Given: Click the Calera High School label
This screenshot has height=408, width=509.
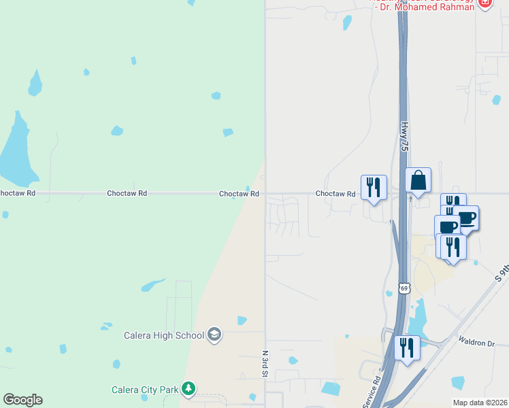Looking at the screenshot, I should pos(163,335).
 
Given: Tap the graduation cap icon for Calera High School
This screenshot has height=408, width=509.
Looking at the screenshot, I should pos(214,334).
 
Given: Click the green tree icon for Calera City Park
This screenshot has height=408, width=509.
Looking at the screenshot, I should pos(188,390).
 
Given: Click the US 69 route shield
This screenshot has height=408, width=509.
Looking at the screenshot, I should pos(404,288).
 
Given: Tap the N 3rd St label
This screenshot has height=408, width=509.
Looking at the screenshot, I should pos(264,364).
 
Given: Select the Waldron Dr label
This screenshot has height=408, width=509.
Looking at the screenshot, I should pos(476,342).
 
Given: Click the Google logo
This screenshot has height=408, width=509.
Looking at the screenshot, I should pos(22,400).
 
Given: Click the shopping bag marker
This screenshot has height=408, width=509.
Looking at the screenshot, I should pos(418,180).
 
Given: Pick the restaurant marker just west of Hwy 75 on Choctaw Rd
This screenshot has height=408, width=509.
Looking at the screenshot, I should pos(374,186).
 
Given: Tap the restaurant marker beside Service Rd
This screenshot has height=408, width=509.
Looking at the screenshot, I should pos(407,348).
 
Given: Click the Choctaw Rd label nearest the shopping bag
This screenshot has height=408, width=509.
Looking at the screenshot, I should pos(335,194).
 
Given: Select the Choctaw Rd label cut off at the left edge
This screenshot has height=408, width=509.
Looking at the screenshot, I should pos(17,193).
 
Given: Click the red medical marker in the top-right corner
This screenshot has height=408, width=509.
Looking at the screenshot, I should pos(485,3).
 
